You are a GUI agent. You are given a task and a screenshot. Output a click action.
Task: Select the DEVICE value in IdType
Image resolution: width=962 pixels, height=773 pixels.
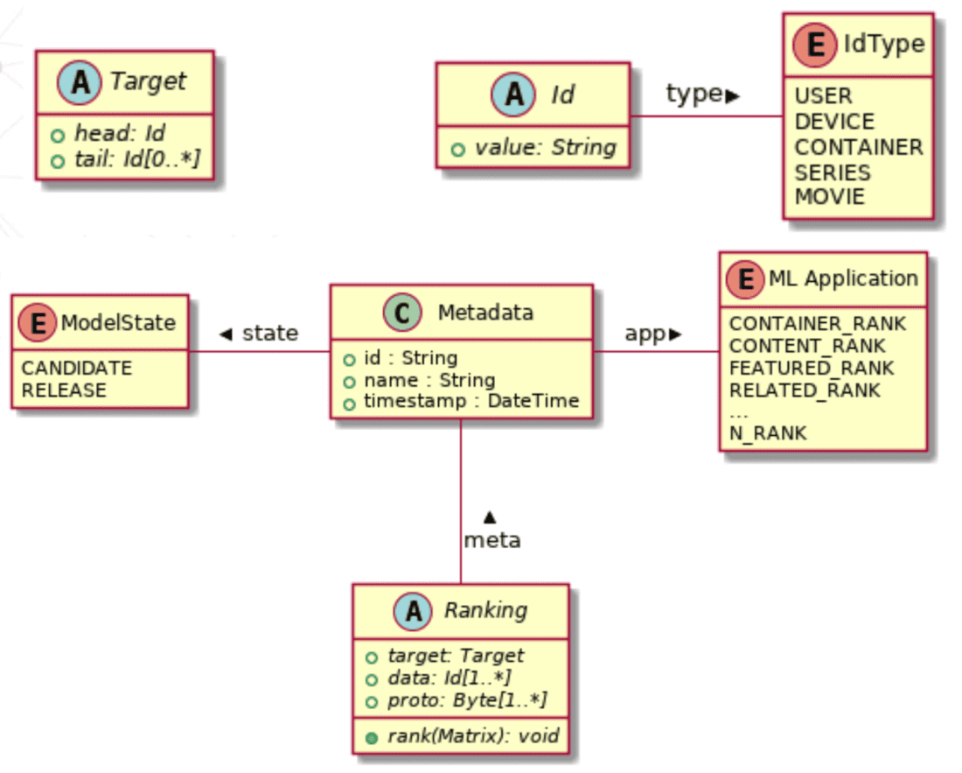pos(833,122)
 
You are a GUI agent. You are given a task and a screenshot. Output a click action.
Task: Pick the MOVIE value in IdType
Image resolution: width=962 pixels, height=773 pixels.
pos(829,197)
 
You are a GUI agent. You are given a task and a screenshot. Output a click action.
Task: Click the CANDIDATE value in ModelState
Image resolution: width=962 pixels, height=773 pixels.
pos(76,368)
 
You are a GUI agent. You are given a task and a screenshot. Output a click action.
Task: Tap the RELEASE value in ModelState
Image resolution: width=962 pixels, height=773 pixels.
pos(64,390)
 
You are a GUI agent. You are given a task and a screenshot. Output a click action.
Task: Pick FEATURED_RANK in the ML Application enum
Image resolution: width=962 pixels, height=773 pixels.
pos(812,368)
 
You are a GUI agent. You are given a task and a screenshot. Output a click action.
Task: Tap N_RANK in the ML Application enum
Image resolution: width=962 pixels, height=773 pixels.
pos(768,432)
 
